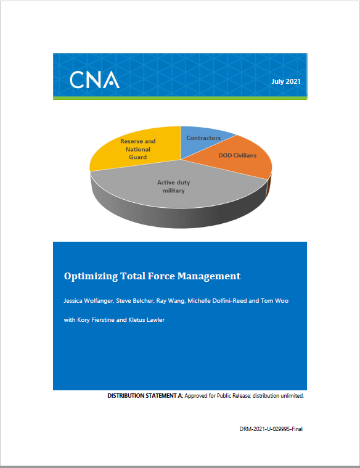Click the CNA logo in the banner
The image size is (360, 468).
95,80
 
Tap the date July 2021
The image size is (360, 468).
285,81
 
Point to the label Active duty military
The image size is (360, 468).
173,187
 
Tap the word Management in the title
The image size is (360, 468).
209,276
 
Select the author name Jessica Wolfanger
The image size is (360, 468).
88,301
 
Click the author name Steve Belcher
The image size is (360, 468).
134,301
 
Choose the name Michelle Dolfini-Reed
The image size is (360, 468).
217,301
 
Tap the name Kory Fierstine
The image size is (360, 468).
96,320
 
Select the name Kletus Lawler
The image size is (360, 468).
146,320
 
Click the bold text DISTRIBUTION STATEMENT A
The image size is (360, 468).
145,396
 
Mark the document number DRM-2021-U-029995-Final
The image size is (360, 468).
271,429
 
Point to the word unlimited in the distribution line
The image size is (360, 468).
292,396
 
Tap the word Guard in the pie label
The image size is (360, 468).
137,157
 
